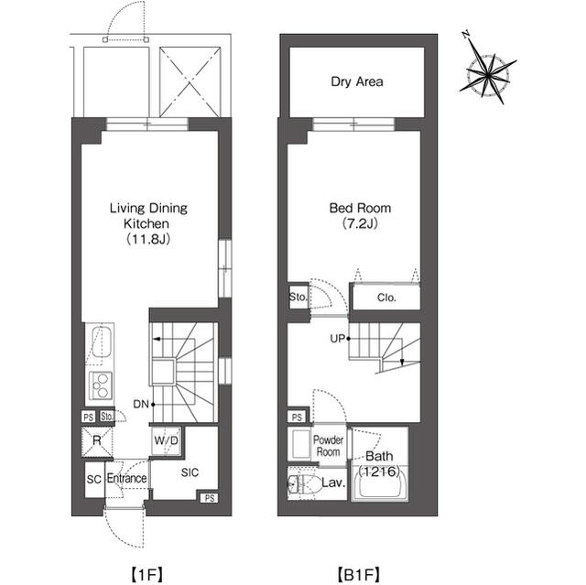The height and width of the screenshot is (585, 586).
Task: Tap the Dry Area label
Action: (357, 81)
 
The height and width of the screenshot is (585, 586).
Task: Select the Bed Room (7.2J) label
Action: (360, 215)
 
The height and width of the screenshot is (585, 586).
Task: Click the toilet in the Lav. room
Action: (304, 483)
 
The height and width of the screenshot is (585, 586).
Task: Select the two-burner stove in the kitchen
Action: (100, 385)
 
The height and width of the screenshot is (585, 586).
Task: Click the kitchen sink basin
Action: (101, 341)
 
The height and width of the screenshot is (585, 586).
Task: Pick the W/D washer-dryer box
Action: (167, 440)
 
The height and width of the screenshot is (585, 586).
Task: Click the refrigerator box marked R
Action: (97, 442)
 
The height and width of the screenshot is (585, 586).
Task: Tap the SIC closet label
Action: (190, 472)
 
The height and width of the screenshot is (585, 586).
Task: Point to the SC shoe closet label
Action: (93, 480)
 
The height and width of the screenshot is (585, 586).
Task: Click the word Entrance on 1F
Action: (126, 478)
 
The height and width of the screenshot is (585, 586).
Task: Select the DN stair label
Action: (141, 405)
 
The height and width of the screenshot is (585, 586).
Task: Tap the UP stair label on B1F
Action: (337, 339)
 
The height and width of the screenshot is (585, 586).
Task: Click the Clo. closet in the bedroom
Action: (386, 298)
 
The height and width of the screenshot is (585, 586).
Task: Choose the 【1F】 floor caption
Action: (146, 574)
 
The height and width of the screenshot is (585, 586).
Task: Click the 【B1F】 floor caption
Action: (359, 574)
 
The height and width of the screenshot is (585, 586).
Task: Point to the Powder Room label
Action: (328, 446)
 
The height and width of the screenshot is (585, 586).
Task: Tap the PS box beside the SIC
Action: (210, 498)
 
